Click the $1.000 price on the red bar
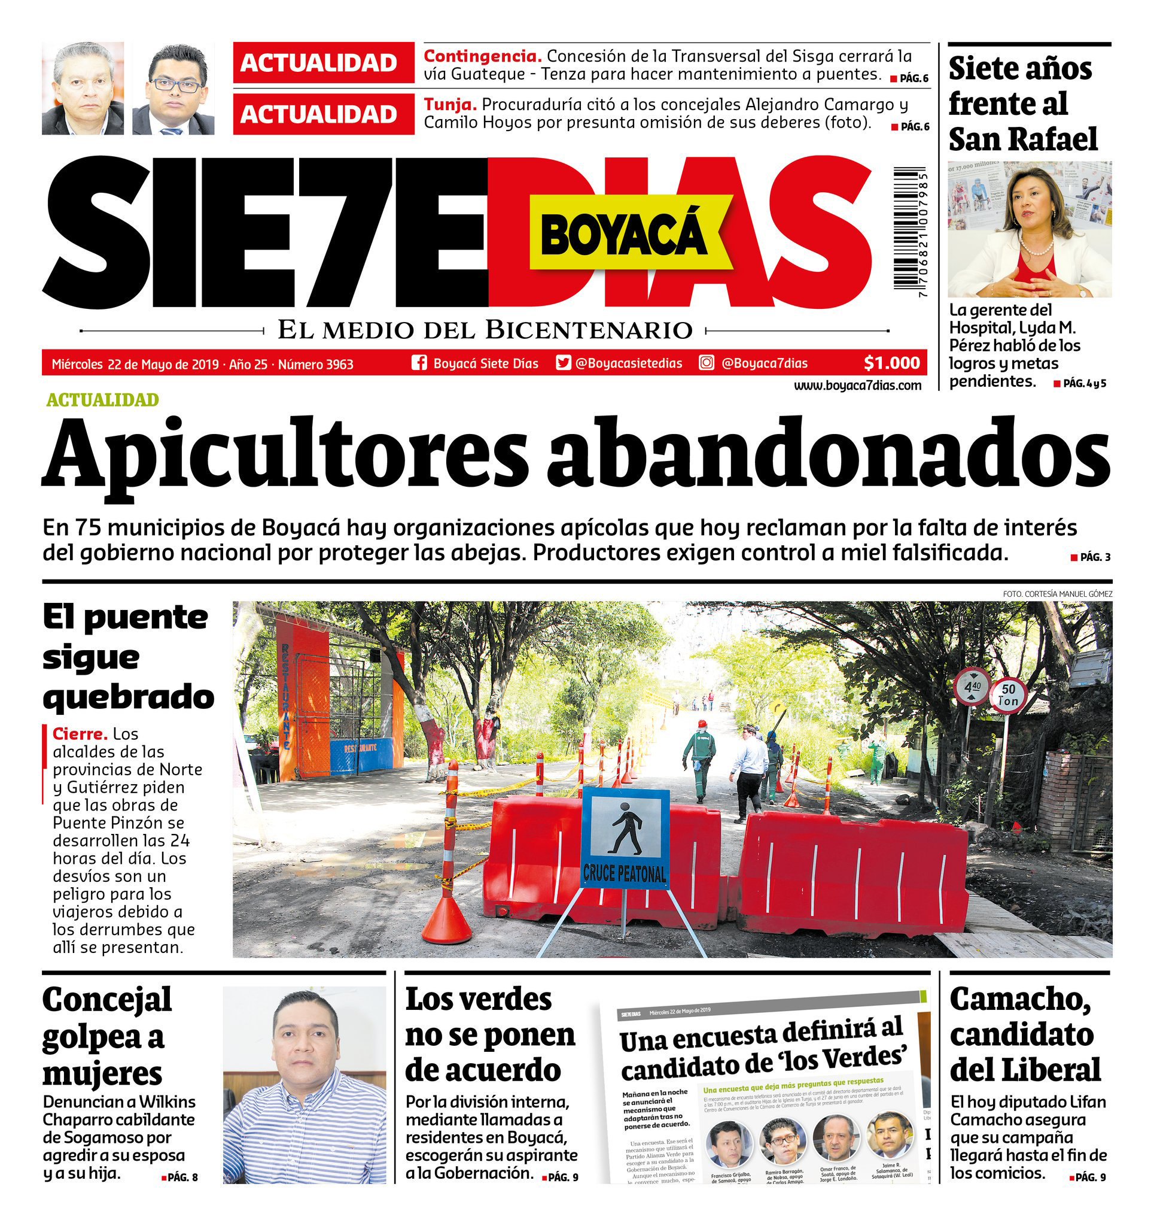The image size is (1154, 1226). click(891, 363)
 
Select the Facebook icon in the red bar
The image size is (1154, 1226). click(419, 363)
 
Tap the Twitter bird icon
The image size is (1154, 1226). click(563, 363)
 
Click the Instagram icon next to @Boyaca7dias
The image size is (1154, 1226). click(707, 363)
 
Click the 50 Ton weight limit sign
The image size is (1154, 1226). click(1008, 695)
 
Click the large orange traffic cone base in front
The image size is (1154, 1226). click(447, 922)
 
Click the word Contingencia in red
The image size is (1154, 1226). click(483, 56)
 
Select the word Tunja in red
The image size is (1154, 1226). click(450, 105)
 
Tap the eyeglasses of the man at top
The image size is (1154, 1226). click(176, 86)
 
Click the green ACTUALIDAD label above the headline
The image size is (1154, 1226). click(102, 400)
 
